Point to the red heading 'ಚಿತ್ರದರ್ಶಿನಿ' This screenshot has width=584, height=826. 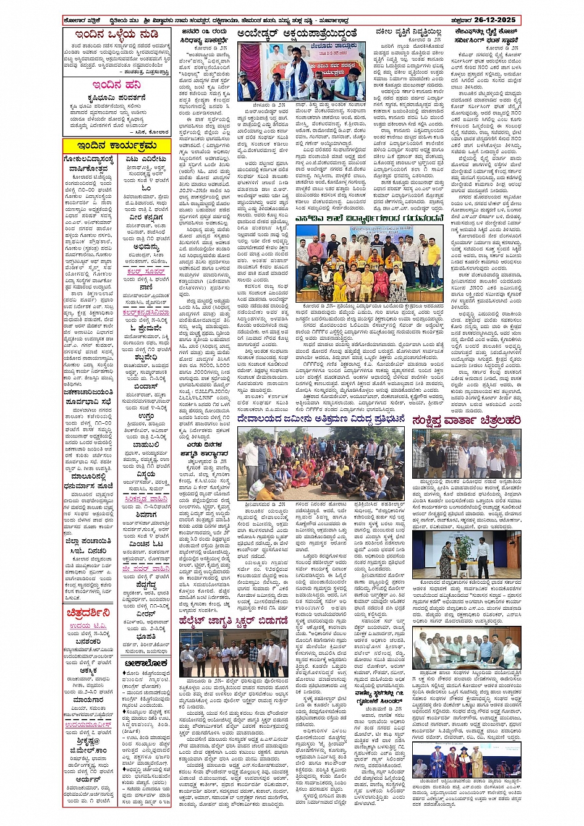pyautogui.click(x=88, y=613)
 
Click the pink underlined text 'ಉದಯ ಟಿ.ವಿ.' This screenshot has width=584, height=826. pyautogui.click(x=88, y=626)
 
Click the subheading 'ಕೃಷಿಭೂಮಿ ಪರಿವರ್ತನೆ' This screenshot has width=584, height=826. pyautogui.click(x=117, y=98)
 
